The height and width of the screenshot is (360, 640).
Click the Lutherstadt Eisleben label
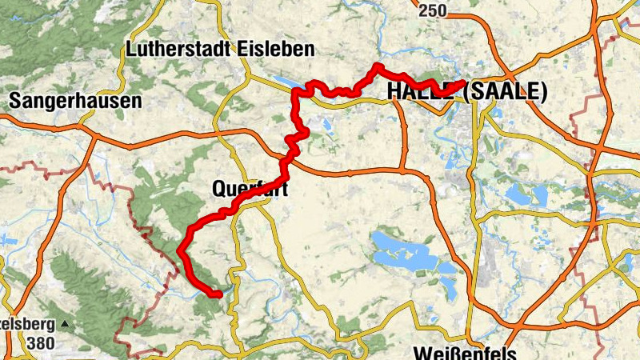(220, 49)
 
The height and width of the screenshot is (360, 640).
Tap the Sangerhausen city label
(75, 101)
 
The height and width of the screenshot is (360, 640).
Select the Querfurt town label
(249, 190)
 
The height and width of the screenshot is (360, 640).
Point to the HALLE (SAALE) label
(466, 92)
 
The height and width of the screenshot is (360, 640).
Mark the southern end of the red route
(218, 294)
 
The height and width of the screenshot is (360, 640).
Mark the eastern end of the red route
(462, 82)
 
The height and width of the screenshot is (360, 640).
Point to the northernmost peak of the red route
(376, 66)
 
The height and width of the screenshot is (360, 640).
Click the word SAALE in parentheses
(505, 92)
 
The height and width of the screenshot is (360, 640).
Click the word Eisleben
(276, 49)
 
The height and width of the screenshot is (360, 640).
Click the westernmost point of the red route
(179, 252)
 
